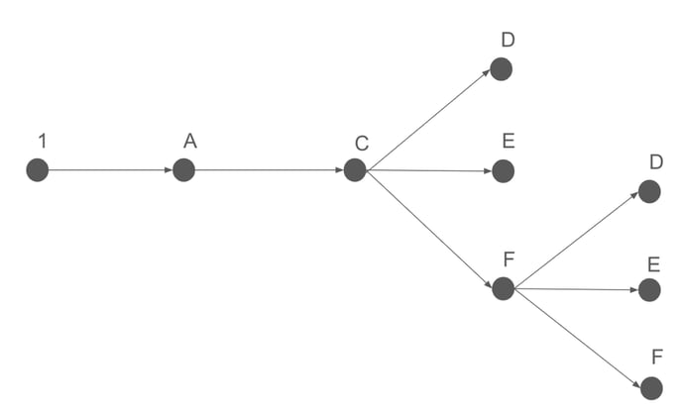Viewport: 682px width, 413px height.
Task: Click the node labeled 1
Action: pos(38,170)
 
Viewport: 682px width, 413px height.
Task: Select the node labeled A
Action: pos(183,170)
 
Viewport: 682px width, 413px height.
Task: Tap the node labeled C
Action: pos(355,170)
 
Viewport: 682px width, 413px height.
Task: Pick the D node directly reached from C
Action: pos(501,69)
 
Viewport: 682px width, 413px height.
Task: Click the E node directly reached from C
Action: pos(504,171)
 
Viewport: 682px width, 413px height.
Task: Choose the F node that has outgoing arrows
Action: pos(503,288)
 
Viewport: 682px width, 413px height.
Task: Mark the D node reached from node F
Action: pos(649,191)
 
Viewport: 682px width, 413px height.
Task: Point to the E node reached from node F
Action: pos(649,290)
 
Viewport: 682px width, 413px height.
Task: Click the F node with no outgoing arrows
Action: pos(651,388)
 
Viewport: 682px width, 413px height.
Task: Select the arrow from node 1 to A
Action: pos(110,170)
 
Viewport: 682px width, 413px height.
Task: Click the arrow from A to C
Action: pos(269,170)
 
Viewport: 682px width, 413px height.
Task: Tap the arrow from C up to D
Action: pos(428,120)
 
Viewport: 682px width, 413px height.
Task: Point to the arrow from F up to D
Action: pos(576,240)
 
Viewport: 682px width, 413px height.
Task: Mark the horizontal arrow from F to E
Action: pos(576,289)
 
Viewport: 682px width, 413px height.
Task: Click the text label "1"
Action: pos(42,142)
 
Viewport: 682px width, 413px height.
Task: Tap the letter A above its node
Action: pos(189,142)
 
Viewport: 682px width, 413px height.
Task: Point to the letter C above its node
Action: pos(362,145)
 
